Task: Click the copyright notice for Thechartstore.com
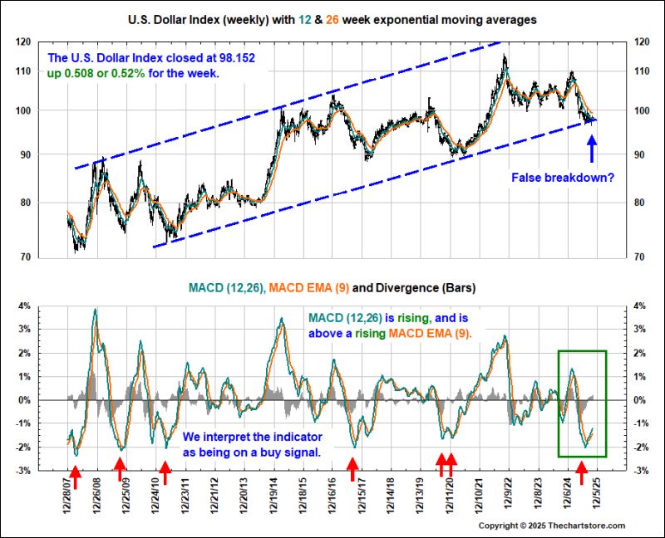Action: pyautogui.click(x=568, y=526)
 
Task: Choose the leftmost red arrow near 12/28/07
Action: pyautogui.click(x=75, y=476)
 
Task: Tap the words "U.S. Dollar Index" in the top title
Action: pyautogui.click(x=175, y=17)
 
